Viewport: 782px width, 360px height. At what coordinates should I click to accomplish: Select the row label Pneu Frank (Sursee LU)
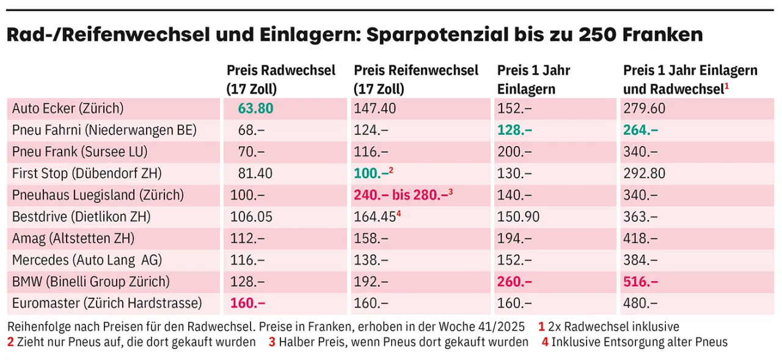pos(79,152)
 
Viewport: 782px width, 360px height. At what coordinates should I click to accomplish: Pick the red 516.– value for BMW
pos(641,282)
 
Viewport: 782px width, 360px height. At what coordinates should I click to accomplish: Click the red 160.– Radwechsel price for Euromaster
pos(247,303)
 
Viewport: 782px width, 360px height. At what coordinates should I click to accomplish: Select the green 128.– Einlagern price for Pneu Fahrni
pos(514,130)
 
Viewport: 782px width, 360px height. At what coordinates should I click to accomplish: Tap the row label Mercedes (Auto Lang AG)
pos(87,260)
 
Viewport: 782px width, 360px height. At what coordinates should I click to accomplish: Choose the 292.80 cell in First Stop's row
pos(644,174)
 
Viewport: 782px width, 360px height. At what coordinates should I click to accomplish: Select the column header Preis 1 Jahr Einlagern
pos(533,79)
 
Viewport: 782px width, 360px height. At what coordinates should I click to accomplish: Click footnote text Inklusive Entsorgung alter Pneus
pos(639,342)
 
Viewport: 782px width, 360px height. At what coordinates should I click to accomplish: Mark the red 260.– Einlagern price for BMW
pos(514,282)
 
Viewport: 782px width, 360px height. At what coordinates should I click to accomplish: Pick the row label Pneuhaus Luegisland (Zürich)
pos(98,195)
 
